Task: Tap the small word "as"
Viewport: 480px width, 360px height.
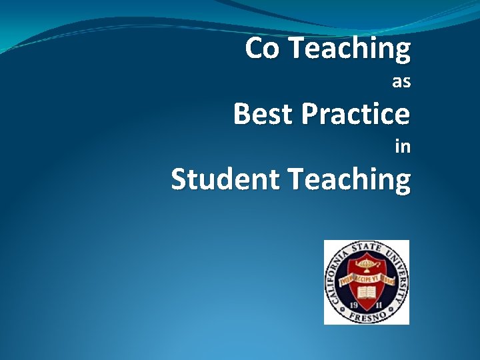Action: pos(401,82)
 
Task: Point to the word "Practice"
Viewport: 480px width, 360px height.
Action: pos(355,114)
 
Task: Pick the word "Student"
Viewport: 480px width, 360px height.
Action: pos(219,179)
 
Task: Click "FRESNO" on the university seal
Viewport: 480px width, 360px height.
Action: pos(367,316)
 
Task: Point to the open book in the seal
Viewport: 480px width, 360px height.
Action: pos(367,292)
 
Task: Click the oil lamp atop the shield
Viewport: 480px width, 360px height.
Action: pos(367,265)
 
